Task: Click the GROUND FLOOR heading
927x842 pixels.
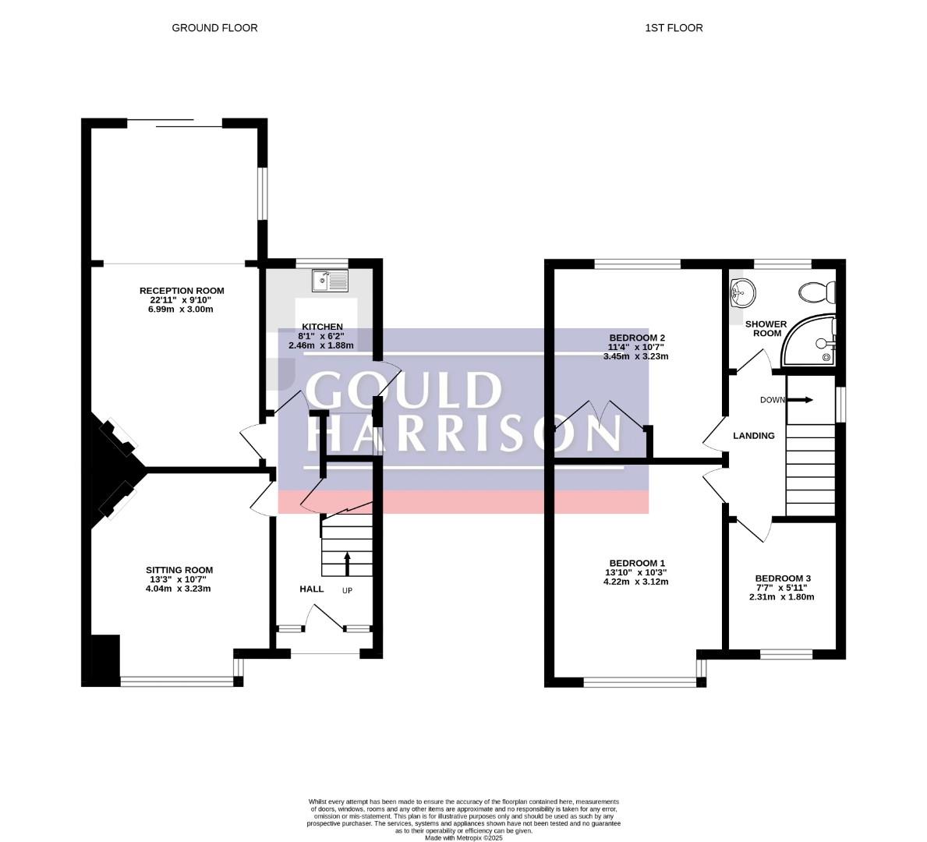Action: pos(214,28)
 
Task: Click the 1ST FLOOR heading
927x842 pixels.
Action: pos(674,28)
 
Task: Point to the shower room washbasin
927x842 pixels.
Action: pos(743,292)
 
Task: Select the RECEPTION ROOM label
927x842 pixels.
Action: pos(182,291)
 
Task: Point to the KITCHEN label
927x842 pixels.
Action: pos(322,327)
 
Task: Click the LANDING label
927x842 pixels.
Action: pos(754,436)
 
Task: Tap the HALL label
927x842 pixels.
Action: pos(312,589)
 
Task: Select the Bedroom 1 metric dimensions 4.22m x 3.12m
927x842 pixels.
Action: pos(635,582)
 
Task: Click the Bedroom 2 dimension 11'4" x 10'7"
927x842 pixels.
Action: pos(636,348)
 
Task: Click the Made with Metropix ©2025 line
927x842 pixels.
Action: pos(463,838)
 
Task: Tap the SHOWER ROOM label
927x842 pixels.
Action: pos(766,329)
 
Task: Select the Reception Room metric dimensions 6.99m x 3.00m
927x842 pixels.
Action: pos(181,310)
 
